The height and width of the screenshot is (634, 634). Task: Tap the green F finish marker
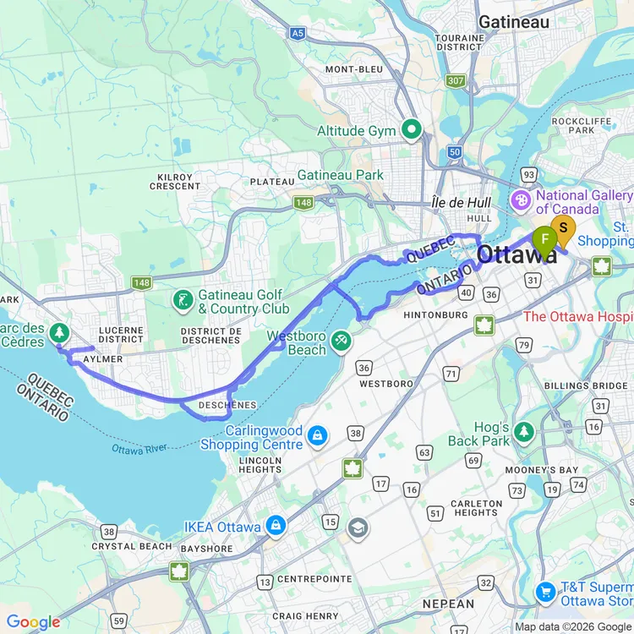click(545, 238)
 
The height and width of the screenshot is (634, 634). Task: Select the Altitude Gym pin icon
click(412, 130)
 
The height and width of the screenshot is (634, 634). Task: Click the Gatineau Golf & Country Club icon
click(182, 300)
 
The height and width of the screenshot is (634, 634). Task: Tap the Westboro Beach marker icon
click(341, 340)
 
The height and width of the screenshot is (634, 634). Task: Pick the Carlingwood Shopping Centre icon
click(318, 436)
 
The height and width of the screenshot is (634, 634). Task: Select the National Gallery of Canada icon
click(522, 201)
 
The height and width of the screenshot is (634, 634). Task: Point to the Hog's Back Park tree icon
click(525, 432)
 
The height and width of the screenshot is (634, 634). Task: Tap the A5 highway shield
click(297, 33)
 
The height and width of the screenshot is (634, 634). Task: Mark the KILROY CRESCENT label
click(175, 181)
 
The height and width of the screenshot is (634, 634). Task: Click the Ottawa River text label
click(139, 448)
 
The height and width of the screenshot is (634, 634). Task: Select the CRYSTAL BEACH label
click(133, 546)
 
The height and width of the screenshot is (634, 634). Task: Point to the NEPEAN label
click(448, 604)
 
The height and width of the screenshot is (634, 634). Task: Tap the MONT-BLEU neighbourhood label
click(354, 69)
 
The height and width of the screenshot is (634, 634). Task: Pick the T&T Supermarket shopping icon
click(545, 591)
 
